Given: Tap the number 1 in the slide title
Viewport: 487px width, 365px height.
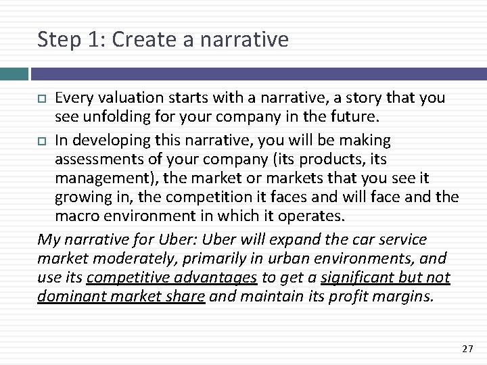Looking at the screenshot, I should click(94, 39).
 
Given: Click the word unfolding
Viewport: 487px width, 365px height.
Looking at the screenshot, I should click(120, 116).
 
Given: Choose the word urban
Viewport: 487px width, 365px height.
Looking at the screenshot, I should click(295, 259).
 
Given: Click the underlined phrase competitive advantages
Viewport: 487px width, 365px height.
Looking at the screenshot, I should click(172, 278).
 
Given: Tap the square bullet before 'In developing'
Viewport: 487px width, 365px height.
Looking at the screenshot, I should click(42, 141).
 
